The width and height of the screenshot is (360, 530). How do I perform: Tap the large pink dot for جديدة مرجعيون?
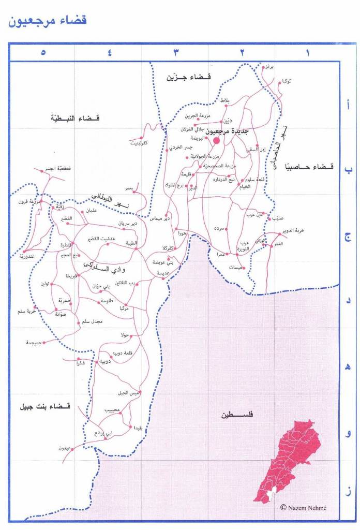217,140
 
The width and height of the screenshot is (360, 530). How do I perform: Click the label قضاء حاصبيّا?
309,167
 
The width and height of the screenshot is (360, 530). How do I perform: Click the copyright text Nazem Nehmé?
303,508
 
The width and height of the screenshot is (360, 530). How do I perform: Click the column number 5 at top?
43,52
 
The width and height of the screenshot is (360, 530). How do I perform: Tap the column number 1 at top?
307,52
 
